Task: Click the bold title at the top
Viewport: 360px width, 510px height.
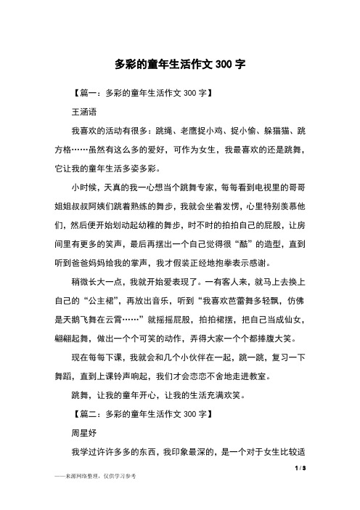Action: tap(179, 64)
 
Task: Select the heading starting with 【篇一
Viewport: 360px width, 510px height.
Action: tap(137, 94)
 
